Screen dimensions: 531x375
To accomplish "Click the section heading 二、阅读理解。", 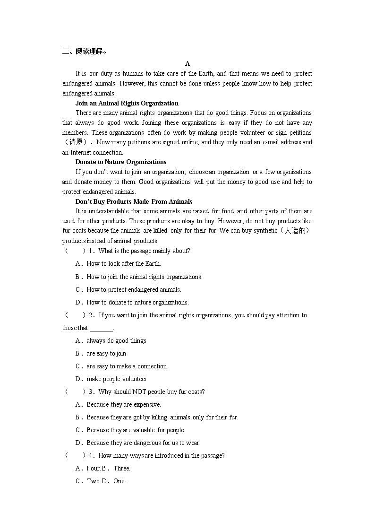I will coord(84,52).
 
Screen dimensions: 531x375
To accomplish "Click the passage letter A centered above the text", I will coord(187,63).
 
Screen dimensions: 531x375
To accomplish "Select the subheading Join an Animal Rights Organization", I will coord(127,103).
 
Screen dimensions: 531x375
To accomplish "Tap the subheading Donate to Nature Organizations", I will coord(121,162).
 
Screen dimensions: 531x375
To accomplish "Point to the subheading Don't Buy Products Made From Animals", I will coord(134,201).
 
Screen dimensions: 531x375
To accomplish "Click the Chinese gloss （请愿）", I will coord(78,142).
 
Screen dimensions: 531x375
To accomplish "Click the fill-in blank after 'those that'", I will coord(101,328).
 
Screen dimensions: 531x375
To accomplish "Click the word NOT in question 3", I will coord(138,392).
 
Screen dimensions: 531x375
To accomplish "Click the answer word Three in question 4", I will coord(122,469).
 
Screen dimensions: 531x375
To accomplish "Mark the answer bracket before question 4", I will coord(76,456).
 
